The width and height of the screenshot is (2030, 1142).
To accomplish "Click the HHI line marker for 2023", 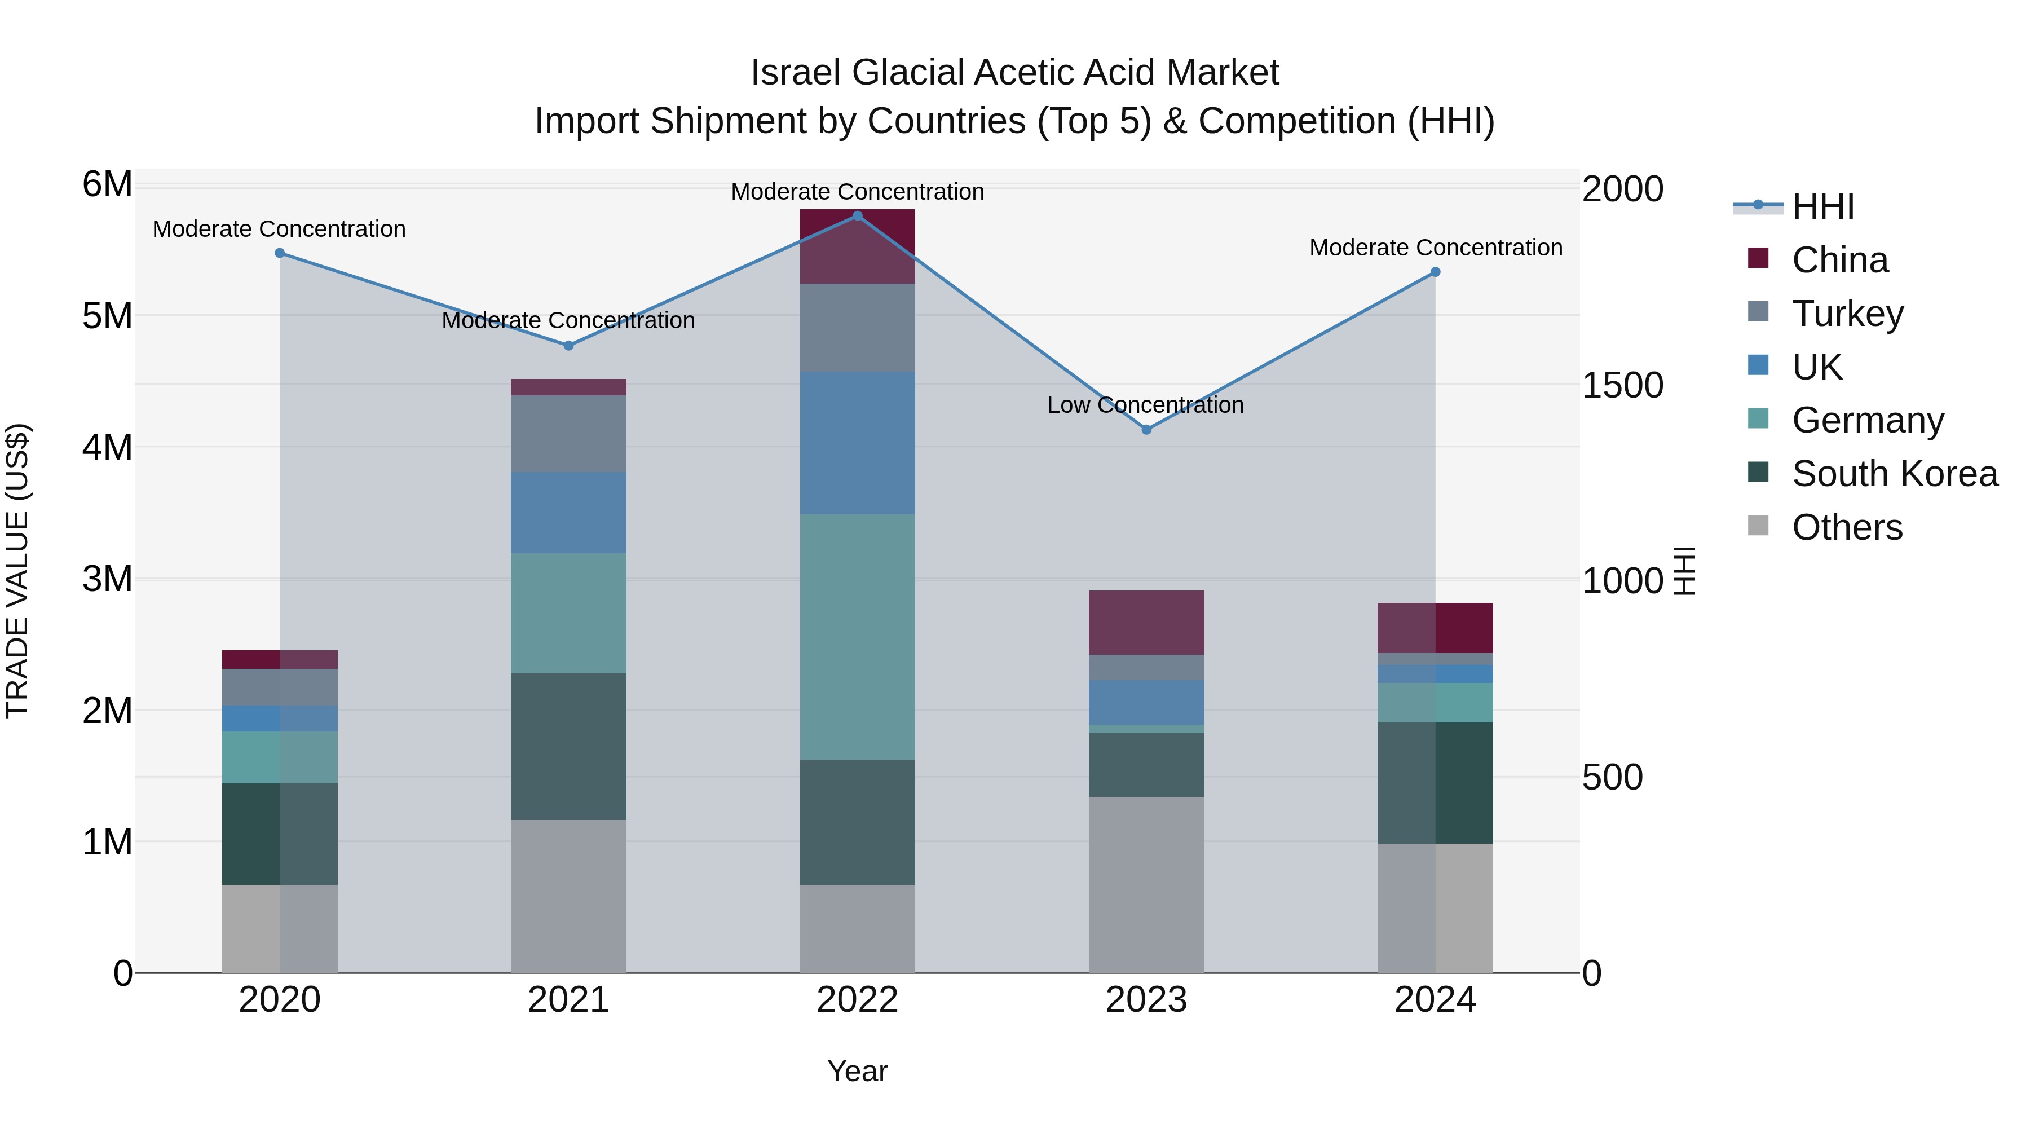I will coord(1146,430).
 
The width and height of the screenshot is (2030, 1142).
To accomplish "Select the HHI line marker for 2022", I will coord(857,216).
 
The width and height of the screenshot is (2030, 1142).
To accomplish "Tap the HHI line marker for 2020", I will coord(280,253).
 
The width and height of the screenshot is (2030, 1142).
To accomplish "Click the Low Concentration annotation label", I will coord(1145,405).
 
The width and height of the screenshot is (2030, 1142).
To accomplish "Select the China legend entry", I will coord(1839,260).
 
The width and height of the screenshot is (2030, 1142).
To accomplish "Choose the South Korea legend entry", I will coord(1895,474).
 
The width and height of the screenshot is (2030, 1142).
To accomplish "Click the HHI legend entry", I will coord(1822,206).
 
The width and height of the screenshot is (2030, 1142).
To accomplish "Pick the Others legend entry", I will coord(1846,527).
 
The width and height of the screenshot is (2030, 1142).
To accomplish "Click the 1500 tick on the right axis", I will coord(1622,385).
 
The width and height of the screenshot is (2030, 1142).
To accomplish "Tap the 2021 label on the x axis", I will coord(568,1000).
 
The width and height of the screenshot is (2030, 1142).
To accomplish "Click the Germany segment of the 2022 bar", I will coord(857,637).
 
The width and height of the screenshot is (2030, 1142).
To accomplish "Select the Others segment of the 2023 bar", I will coord(1146,884).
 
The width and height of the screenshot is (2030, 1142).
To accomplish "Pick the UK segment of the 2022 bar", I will coord(857,443).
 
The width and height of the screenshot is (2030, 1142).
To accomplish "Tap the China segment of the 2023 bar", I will coord(1146,623).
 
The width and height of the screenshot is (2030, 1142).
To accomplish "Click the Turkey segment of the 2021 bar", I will coord(568,434).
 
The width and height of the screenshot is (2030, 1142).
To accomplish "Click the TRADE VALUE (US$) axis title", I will coord(18,571).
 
